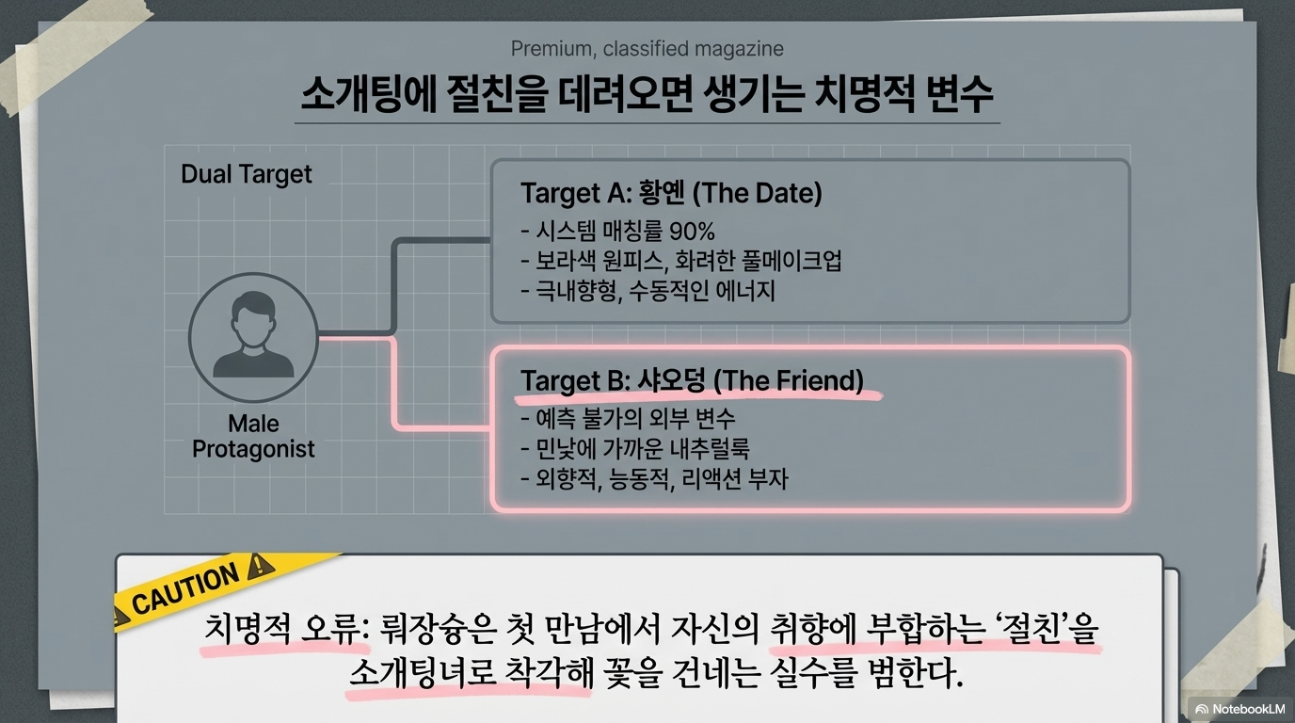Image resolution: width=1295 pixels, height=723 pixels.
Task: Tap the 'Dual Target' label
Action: pyautogui.click(x=246, y=174)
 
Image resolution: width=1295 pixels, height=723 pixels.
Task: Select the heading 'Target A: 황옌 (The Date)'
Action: pyautogui.click(x=671, y=194)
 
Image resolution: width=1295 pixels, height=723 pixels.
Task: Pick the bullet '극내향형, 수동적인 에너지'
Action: pyautogui.click(x=647, y=291)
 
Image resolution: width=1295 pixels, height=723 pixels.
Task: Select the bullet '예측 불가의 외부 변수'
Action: pyautogui.click(x=628, y=418)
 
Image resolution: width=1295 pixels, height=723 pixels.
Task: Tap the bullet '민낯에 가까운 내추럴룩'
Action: pyautogui.click(x=635, y=448)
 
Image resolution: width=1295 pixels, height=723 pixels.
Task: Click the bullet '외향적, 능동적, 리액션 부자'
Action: pyautogui.click(x=654, y=478)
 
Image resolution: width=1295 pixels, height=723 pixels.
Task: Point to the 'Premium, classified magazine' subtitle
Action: pyautogui.click(x=647, y=49)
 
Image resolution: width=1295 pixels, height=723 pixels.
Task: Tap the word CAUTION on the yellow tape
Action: pyautogui.click(x=185, y=590)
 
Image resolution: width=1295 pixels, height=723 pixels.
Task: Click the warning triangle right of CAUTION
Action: pyautogui.click(x=258, y=567)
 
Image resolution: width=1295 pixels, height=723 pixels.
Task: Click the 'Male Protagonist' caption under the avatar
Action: pyautogui.click(x=253, y=436)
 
